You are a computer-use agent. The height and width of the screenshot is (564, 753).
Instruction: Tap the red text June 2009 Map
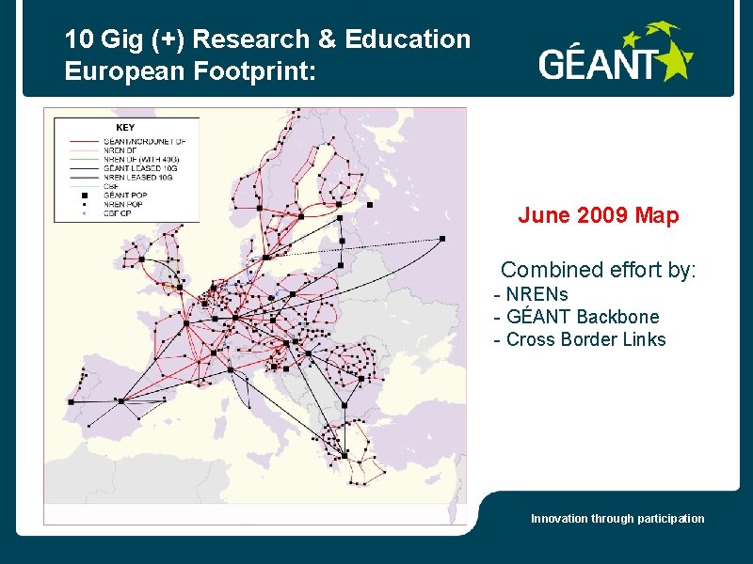pos(598,216)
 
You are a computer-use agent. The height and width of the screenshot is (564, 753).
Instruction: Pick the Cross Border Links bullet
pos(580,339)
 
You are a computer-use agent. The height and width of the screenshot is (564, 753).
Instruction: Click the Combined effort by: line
pos(599,270)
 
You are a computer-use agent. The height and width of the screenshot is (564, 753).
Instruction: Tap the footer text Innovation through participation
pos(617,519)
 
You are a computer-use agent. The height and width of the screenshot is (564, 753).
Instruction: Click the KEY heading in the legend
pos(125,127)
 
